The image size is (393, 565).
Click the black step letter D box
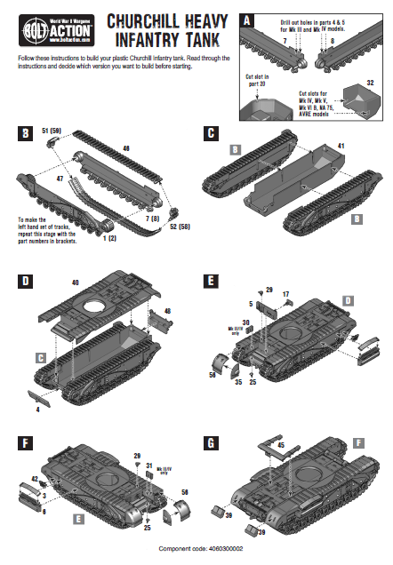click(x=25, y=282)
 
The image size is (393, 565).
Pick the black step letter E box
click(x=211, y=282)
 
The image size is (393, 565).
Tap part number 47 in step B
click(x=60, y=179)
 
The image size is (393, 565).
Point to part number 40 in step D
click(x=74, y=283)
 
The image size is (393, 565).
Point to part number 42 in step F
click(x=35, y=479)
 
